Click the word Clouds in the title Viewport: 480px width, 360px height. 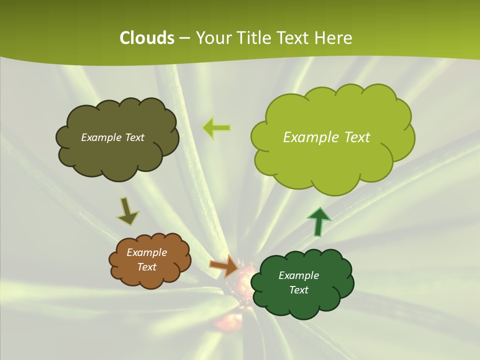(x=147, y=38)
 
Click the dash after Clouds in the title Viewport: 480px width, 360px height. (x=184, y=38)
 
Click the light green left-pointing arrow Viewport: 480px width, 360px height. (x=216, y=128)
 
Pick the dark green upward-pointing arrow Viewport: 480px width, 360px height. (x=318, y=221)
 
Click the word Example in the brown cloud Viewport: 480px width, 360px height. (x=146, y=252)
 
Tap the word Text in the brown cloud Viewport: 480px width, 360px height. (x=146, y=267)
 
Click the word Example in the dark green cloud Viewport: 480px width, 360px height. (x=298, y=275)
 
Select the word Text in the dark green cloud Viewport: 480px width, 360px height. (x=298, y=290)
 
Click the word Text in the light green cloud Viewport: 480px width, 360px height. (x=353, y=137)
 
